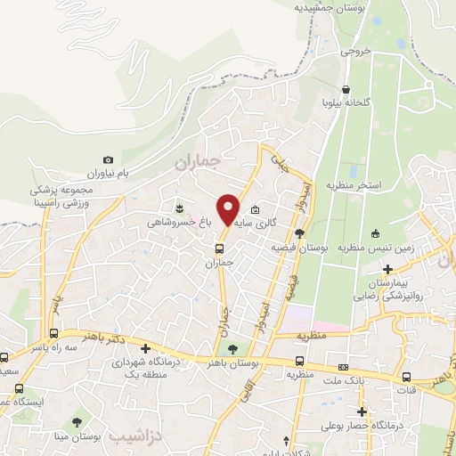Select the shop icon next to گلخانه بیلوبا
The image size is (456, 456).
(x=346, y=89)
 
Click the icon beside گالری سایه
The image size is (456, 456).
(x=256, y=210)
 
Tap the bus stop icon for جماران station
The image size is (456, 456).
(x=220, y=248)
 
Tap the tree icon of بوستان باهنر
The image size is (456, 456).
(x=233, y=349)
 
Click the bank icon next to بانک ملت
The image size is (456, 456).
(x=343, y=368)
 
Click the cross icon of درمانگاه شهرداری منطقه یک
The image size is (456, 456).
(x=145, y=347)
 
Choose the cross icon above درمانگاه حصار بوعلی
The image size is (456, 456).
(x=362, y=411)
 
